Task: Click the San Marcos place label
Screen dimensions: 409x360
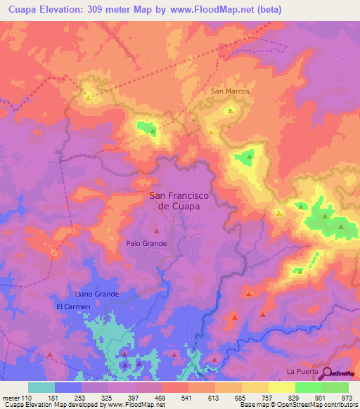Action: click(230, 91)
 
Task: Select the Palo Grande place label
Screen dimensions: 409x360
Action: click(146, 243)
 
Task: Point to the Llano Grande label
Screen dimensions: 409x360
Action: click(97, 294)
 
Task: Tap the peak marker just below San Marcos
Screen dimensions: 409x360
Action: click(229, 110)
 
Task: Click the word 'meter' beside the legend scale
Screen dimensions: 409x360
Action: click(11, 398)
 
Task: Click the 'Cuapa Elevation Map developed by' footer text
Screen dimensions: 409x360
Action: click(51, 405)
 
